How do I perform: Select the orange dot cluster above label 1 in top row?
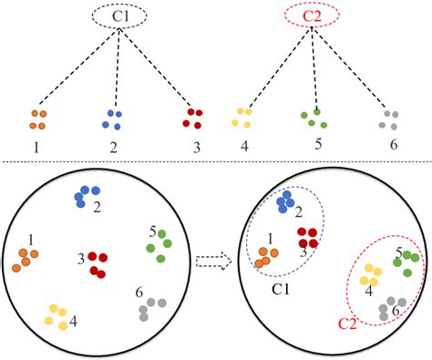[38, 119]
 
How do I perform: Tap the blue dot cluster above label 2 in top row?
[113, 118]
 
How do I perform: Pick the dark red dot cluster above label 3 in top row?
[192, 118]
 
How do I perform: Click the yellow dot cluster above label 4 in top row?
[242, 118]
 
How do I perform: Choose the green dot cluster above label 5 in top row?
[314, 118]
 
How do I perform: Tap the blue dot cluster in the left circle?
[87, 194]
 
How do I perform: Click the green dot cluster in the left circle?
[159, 245]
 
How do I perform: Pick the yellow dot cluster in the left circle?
[57, 315]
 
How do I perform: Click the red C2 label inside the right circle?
[348, 323]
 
